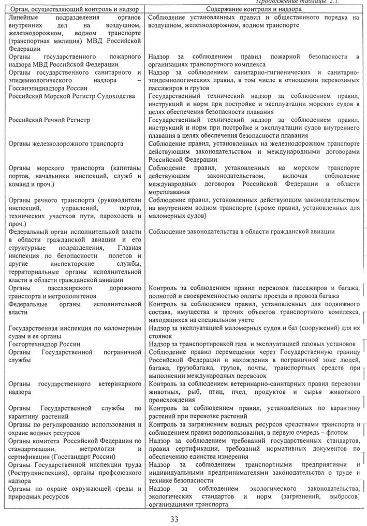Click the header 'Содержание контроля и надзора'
251,10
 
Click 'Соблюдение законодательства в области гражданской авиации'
241,232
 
